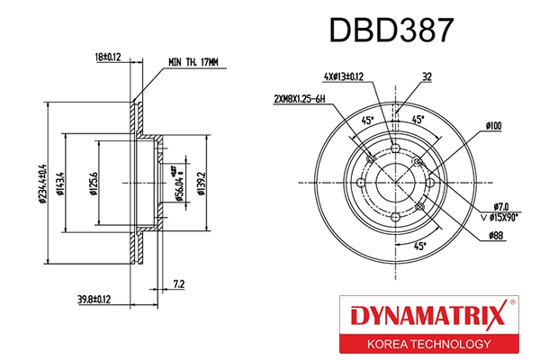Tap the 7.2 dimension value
point(177,284)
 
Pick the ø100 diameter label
point(492,126)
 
